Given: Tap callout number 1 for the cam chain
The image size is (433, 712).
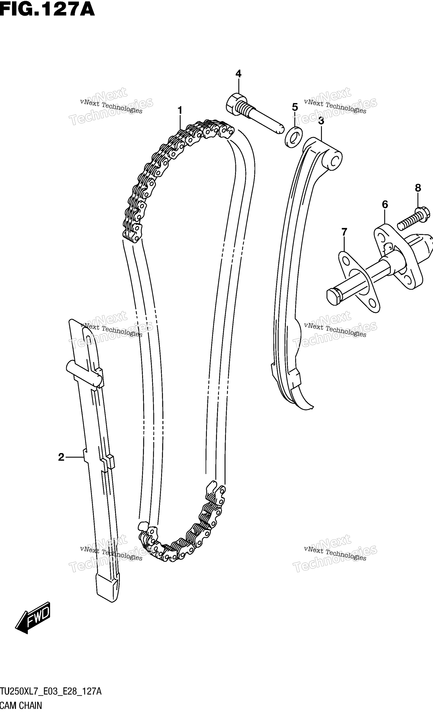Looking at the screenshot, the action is pos(180,110).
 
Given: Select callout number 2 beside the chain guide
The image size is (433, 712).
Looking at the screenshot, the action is pos(61,457).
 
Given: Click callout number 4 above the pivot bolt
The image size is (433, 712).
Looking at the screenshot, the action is pos(238,74).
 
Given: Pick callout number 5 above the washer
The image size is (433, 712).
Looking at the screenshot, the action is pos(295,107).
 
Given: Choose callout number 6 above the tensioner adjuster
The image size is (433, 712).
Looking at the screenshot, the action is pos(385,205).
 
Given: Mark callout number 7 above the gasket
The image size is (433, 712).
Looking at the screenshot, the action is pos(344,232).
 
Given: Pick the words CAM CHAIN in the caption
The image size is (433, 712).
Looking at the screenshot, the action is pos(21,704).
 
